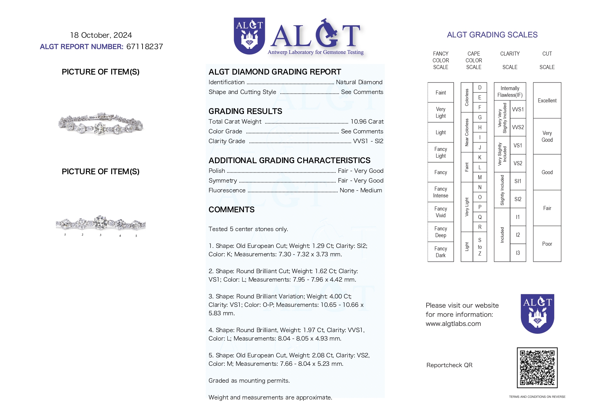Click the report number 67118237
[x=145, y=47]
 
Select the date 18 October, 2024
[x=101, y=35]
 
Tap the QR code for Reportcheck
[x=537, y=368]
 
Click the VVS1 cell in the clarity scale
[x=518, y=109]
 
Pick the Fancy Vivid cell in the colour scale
[x=440, y=212]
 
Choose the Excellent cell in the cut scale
[x=547, y=101]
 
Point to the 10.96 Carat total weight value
[x=367, y=122]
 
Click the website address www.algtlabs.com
[x=453, y=324]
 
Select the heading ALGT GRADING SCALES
[x=492, y=35]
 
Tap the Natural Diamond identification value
[x=359, y=82]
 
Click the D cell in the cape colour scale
[x=480, y=88]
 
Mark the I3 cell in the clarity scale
[x=518, y=253]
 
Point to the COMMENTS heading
[x=231, y=210]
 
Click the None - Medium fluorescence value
[x=361, y=190]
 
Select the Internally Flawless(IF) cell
[x=510, y=92]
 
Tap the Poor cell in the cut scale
[x=547, y=244]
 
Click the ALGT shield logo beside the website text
[x=537, y=314]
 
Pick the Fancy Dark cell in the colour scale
[x=440, y=252]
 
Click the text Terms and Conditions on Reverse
[x=537, y=397]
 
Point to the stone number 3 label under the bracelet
[x=100, y=235]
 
